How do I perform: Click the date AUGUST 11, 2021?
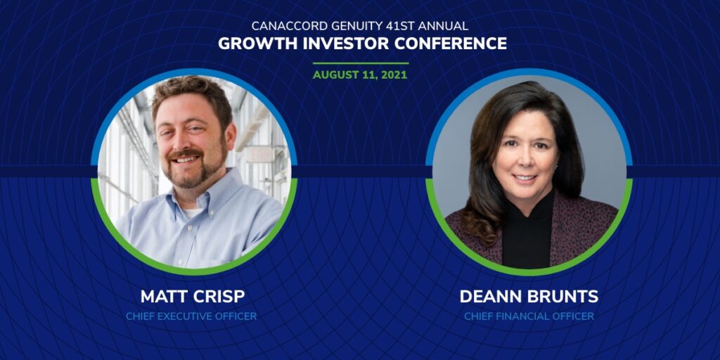(x=360, y=75)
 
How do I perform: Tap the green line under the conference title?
(x=361, y=63)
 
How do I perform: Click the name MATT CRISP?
(x=193, y=297)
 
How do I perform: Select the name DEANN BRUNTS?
(x=529, y=297)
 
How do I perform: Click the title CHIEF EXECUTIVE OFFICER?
(x=191, y=316)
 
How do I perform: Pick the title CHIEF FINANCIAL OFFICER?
(x=529, y=316)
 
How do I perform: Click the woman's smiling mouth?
(x=525, y=177)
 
